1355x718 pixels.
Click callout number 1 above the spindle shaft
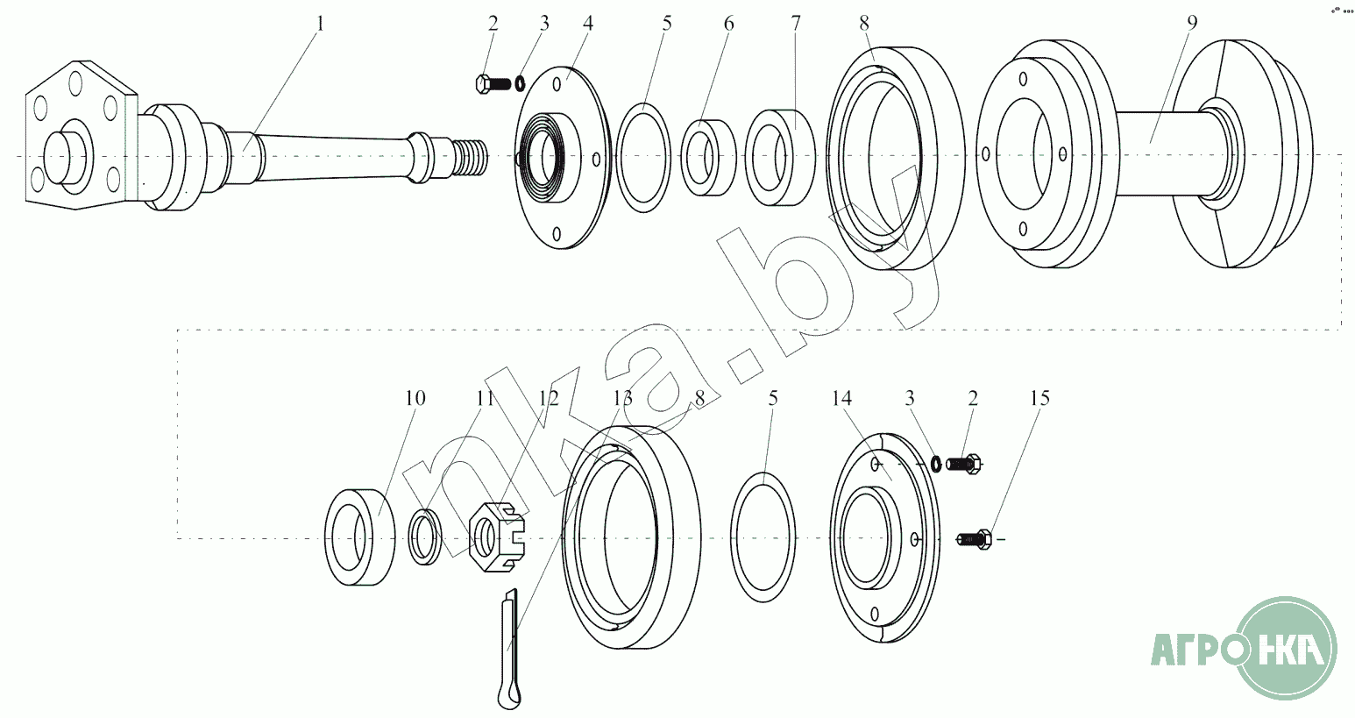(320, 24)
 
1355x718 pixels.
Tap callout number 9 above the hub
(1192, 23)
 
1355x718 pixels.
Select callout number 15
(1039, 398)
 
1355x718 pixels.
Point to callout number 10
(415, 398)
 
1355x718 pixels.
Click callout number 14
(841, 398)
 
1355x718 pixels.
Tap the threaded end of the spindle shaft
(471, 157)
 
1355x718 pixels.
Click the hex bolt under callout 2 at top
(493, 84)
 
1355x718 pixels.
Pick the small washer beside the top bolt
(521, 83)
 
